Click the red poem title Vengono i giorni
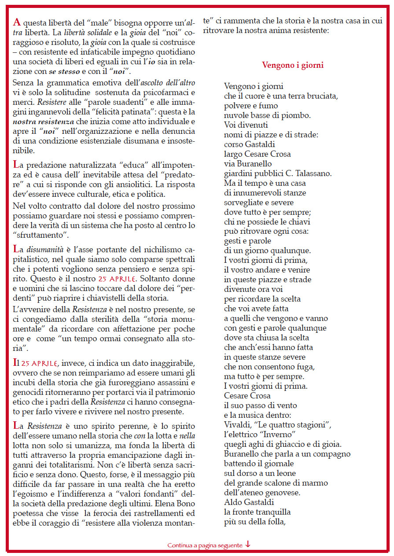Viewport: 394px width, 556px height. [293, 65]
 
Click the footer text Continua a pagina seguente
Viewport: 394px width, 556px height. [205, 545]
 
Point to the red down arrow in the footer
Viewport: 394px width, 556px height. [248, 545]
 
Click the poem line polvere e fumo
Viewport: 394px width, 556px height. [251, 106]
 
